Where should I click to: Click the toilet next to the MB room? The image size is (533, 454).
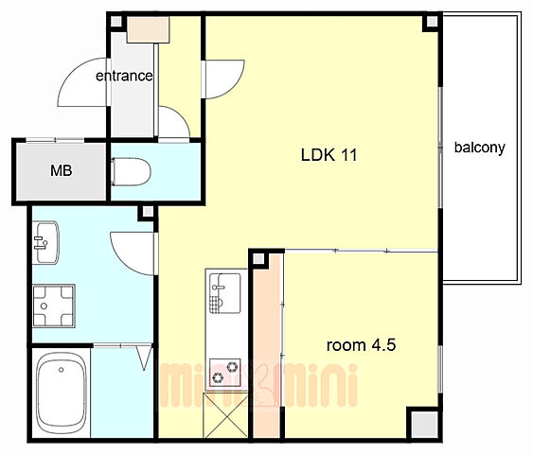click(x=131, y=171)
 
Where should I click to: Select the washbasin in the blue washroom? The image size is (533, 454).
click(x=45, y=242)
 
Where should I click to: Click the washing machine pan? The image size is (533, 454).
click(x=54, y=306)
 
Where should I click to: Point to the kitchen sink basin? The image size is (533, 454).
click(x=225, y=293)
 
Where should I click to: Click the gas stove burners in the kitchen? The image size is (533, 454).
click(x=225, y=372)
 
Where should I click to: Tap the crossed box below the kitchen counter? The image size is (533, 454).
click(x=225, y=415)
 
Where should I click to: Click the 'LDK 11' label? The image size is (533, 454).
click(x=329, y=155)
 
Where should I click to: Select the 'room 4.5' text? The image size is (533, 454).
click(x=361, y=345)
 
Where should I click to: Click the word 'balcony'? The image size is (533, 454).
click(x=480, y=148)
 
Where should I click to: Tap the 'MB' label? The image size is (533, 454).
click(x=62, y=170)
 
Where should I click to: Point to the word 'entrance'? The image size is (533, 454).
click(x=124, y=76)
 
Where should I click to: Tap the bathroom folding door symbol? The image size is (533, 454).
click(x=144, y=358)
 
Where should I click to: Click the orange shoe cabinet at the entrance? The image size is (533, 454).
click(x=149, y=29)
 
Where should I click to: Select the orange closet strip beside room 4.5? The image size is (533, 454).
click(x=267, y=346)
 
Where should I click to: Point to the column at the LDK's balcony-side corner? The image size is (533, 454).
click(x=432, y=22)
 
